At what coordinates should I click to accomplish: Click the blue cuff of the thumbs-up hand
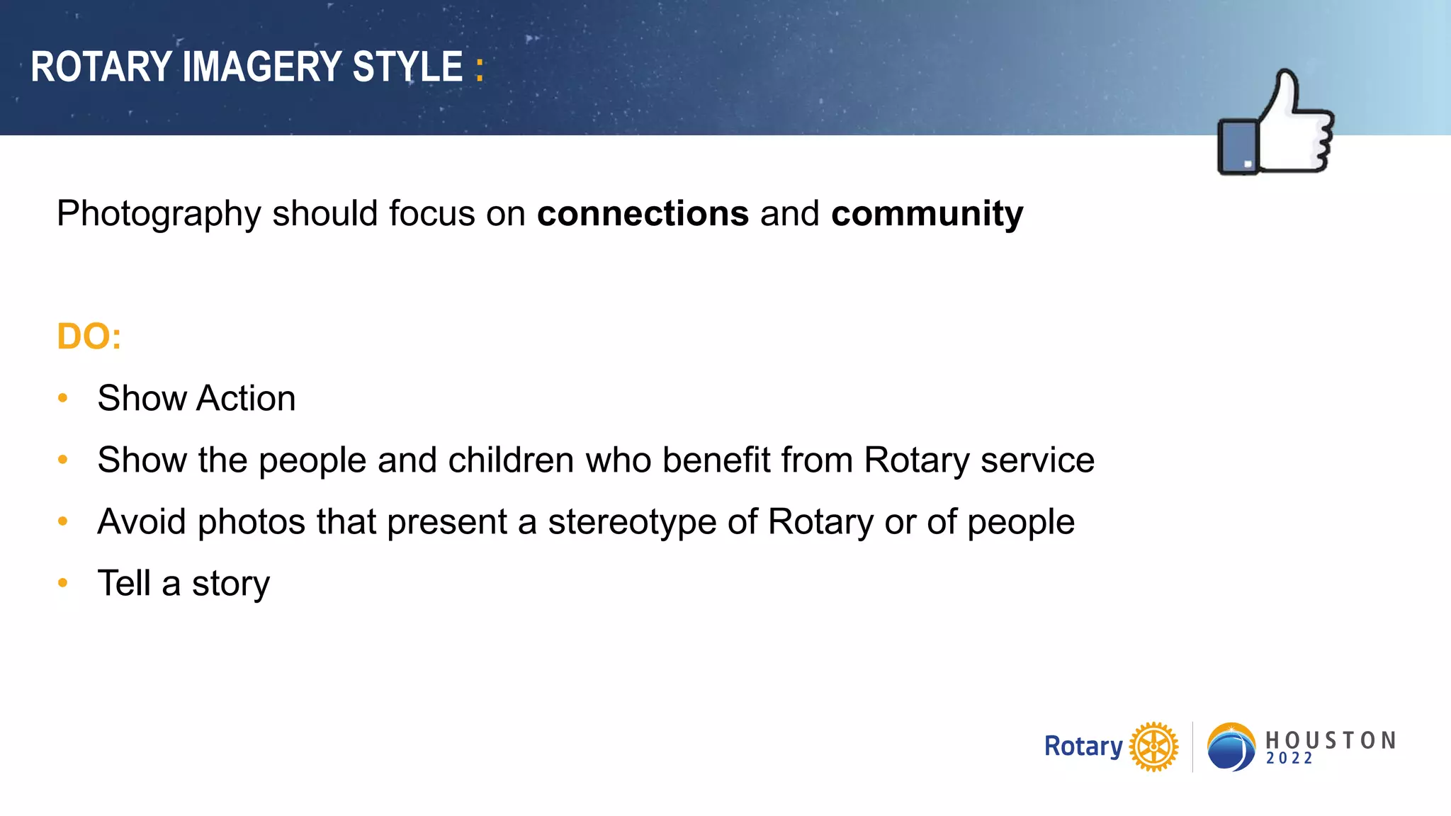(x=1238, y=147)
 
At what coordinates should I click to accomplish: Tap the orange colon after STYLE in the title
(x=480, y=69)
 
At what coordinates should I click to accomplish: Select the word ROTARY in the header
(x=101, y=67)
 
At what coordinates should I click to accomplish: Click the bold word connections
(x=643, y=213)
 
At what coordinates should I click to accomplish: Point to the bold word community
(x=927, y=213)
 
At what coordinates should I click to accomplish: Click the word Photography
(x=159, y=214)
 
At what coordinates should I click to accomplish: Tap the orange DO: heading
(x=89, y=336)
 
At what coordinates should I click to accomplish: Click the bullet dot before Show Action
(x=63, y=398)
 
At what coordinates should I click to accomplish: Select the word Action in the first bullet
(x=246, y=398)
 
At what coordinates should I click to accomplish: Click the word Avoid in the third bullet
(x=142, y=522)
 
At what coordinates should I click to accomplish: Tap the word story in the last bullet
(x=230, y=584)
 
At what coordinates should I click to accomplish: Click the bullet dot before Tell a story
(x=63, y=583)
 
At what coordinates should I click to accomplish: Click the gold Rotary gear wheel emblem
(x=1153, y=747)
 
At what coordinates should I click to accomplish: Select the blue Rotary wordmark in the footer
(x=1083, y=747)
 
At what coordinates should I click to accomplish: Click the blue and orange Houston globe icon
(x=1231, y=747)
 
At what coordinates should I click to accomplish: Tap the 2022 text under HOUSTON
(x=1289, y=759)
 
